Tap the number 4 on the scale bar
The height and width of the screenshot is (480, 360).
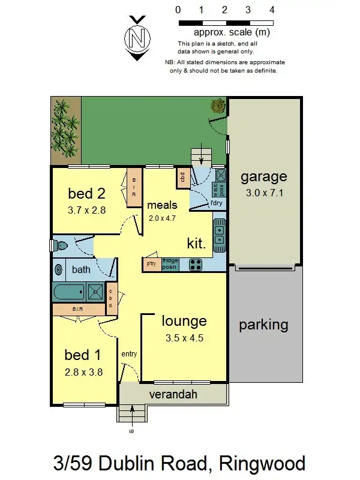[x=272, y=10]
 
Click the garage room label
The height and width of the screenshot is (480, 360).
[x=264, y=176]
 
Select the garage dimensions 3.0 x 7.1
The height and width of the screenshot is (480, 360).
[x=264, y=193]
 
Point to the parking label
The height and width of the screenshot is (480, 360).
[x=263, y=325]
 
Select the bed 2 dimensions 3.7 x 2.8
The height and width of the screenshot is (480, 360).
[x=87, y=210]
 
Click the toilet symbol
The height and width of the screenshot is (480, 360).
[x=60, y=245]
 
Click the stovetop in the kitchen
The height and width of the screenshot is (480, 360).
[x=196, y=264]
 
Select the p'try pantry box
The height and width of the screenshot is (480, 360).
[x=152, y=264]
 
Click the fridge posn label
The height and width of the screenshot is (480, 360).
[x=170, y=264]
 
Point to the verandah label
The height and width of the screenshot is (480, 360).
[x=173, y=394]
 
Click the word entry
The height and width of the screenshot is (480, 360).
[x=129, y=354]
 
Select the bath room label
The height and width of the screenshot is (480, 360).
[x=81, y=269]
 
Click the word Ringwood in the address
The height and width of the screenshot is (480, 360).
[x=262, y=463]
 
